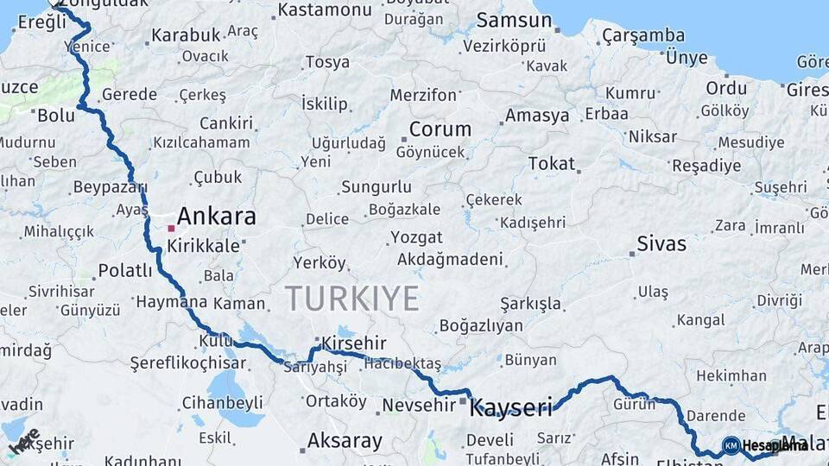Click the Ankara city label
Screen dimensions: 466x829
(216, 216)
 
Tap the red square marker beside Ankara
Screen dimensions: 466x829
(172, 229)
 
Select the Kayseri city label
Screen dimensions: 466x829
(510, 408)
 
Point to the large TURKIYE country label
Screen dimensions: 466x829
(352, 298)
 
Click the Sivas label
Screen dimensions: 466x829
(661, 244)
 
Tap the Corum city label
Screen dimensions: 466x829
(440, 129)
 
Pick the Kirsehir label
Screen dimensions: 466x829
(353, 343)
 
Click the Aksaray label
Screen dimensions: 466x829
(345, 442)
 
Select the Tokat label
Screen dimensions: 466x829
(551, 163)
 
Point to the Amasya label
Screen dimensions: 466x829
(537, 116)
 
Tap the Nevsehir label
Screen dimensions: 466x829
(413, 406)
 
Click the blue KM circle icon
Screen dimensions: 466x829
(731, 445)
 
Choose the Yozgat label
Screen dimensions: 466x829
(416, 237)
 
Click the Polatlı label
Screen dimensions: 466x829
(125, 271)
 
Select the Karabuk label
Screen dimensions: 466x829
(186, 36)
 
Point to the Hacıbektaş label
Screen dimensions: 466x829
(402, 364)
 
